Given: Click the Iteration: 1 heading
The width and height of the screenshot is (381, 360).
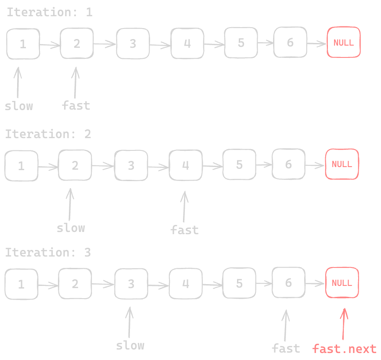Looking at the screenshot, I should click(x=49, y=12).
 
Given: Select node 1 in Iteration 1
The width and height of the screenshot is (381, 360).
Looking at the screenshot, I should click(x=23, y=43).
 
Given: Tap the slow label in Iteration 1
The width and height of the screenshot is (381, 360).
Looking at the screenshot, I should click(x=19, y=106).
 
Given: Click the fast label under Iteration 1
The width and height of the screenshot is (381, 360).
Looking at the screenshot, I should click(x=76, y=105).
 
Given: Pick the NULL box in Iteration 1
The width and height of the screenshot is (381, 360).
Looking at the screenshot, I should click(x=344, y=43).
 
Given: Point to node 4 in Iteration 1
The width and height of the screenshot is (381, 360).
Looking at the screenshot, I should click(x=187, y=43).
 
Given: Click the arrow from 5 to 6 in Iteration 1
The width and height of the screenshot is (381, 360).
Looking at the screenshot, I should click(x=265, y=43).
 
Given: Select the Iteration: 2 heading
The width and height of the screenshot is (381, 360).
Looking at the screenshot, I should click(x=48, y=134).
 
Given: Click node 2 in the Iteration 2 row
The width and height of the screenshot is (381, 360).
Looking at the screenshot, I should click(x=75, y=165).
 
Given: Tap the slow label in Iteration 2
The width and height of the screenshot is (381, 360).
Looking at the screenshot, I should click(x=71, y=228).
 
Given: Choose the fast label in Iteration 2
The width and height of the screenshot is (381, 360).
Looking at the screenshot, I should click(x=184, y=230).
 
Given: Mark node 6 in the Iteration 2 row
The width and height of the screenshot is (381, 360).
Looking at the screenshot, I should click(x=288, y=164).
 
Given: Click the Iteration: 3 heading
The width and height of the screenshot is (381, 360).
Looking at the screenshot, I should click(x=48, y=253).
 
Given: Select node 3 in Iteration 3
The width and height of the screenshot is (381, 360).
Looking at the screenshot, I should click(x=131, y=284).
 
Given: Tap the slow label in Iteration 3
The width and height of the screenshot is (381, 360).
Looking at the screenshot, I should click(x=130, y=346).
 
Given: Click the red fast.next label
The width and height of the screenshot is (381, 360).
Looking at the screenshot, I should click(x=345, y=349).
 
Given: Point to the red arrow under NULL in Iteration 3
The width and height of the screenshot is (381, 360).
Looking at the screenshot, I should click(x=344, y=324).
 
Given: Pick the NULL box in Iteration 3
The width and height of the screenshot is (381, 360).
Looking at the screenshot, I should click(x=342, y=283).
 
